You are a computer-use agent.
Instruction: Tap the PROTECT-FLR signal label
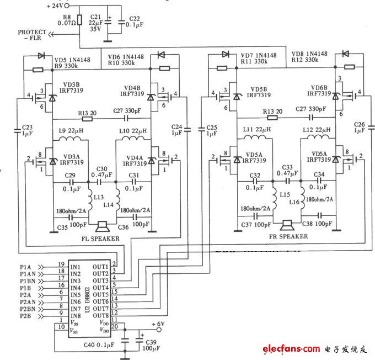point(32,35)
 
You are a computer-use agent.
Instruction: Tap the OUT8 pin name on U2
point(100,315)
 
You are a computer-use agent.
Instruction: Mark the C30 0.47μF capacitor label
point(101,172)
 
